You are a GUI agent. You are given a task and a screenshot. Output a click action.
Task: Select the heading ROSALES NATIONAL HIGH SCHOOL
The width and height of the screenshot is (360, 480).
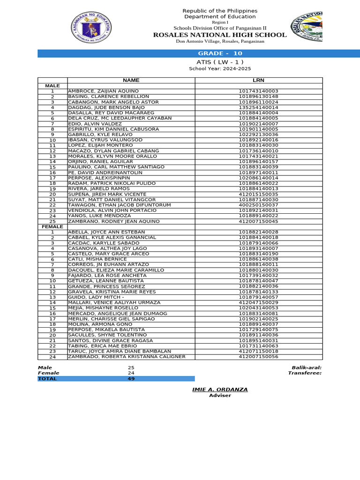pyautogui.click(x=220, y=35)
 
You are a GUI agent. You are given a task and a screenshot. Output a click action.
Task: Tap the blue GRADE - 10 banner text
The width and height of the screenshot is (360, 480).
pyautogui.click(x=220, y=53)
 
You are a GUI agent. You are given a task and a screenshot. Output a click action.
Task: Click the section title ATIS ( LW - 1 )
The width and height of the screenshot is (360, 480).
pyautogui.click(x=220, y=62)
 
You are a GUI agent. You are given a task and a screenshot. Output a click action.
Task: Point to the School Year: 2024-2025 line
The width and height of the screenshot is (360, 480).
pyautogui.click(x=220, y=69)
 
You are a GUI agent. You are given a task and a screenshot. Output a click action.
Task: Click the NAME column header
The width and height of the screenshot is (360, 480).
pyautogui.click(x=131, y=81)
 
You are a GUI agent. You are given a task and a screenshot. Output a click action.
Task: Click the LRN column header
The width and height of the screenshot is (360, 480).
pyautogui.click(x=258, y=81)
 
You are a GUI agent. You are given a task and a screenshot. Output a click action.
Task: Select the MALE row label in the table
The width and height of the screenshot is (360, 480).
pyautogui.click(x=52, y=86)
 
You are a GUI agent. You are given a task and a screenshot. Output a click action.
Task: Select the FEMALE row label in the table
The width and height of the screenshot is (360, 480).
pyautogui.click(x=52, y=227)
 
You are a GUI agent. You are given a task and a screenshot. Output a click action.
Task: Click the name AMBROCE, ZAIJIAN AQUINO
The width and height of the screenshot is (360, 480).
pyautogui.click(x=103, y=91)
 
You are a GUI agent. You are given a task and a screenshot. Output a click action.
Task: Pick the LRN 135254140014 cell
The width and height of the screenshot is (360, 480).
pyautogui.click(x=258, y=107)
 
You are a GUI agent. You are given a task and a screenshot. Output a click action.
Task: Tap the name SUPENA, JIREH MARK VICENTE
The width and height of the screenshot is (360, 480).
pyautogui.click(x=107, y=194)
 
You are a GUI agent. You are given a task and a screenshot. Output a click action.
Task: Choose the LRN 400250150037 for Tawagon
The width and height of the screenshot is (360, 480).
pyautogui.click(x=258, y=205)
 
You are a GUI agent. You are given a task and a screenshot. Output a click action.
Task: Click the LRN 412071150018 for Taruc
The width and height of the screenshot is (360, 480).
pyautogui.click(x=258, y=351)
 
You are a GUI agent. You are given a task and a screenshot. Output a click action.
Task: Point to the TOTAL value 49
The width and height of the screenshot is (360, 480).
pyautogui.click(x=131, y=379)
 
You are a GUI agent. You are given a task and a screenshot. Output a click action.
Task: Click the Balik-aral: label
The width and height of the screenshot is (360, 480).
pyautogui.click(x=306, y=368)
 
